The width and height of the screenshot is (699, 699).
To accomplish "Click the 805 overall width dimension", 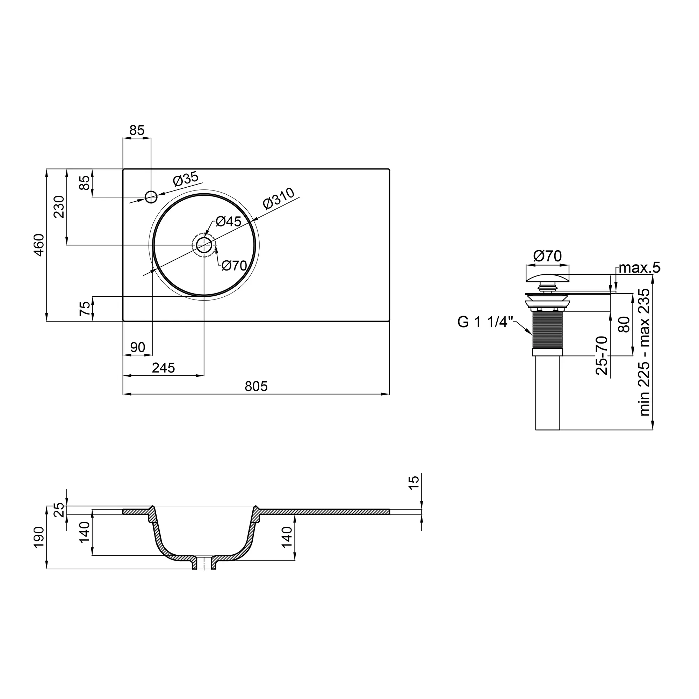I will [x=256, y=387].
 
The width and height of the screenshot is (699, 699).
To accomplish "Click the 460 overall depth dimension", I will [x=39, y=245].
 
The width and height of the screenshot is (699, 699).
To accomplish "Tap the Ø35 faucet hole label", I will [x=186, y=179].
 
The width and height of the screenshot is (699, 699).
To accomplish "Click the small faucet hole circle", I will [x=151, y=197].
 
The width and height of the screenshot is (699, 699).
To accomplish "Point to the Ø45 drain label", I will [x=228, y=222].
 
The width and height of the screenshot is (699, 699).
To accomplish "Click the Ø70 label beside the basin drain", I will [x=234, y=266].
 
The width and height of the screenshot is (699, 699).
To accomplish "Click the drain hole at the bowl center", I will [x=204, y=245].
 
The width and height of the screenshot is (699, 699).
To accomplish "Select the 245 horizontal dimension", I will [x=163, y=368].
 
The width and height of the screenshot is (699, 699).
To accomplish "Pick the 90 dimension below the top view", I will [x=137, y=347].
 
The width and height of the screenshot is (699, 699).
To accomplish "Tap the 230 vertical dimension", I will [x=59, y=207].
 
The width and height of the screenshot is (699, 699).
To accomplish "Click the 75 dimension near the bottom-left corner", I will [x=85, y=309].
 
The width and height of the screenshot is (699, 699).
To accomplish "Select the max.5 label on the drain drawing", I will [x=639, y=268].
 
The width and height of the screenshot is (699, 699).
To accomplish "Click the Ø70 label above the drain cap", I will [x=547, y=256].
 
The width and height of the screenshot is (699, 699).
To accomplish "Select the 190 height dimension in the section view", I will [x=39, y=537].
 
